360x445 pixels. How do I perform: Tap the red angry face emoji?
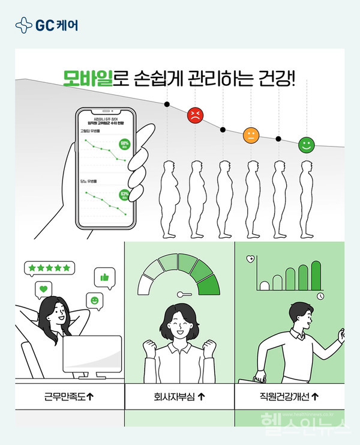(x=194, y=115)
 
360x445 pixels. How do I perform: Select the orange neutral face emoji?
(x=250, y=135)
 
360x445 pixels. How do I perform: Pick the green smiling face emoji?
(x=306, y=145)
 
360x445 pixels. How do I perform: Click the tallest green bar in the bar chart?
(x=316, y=274)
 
